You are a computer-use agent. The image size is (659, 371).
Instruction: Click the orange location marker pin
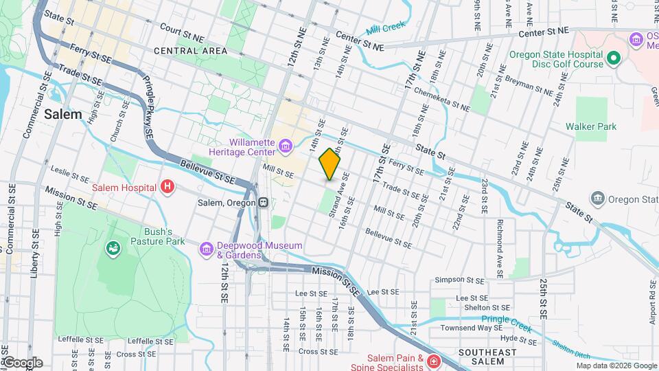tap(330, 164)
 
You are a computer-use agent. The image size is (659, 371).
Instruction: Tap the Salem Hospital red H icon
tap(167, 186)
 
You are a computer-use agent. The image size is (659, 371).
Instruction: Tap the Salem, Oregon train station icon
tap(263, 203)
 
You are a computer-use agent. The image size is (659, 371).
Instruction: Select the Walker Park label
tap(590, 126)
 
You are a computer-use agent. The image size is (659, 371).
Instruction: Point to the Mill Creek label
tap(385, 29)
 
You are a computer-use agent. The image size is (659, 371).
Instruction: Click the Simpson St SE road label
tap(463, 280)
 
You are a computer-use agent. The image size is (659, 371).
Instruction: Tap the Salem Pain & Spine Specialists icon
tap(433, 361)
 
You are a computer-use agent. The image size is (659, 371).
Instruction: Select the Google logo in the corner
tap(22, 363)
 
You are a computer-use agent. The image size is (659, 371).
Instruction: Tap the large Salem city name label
tap(62, 114)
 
